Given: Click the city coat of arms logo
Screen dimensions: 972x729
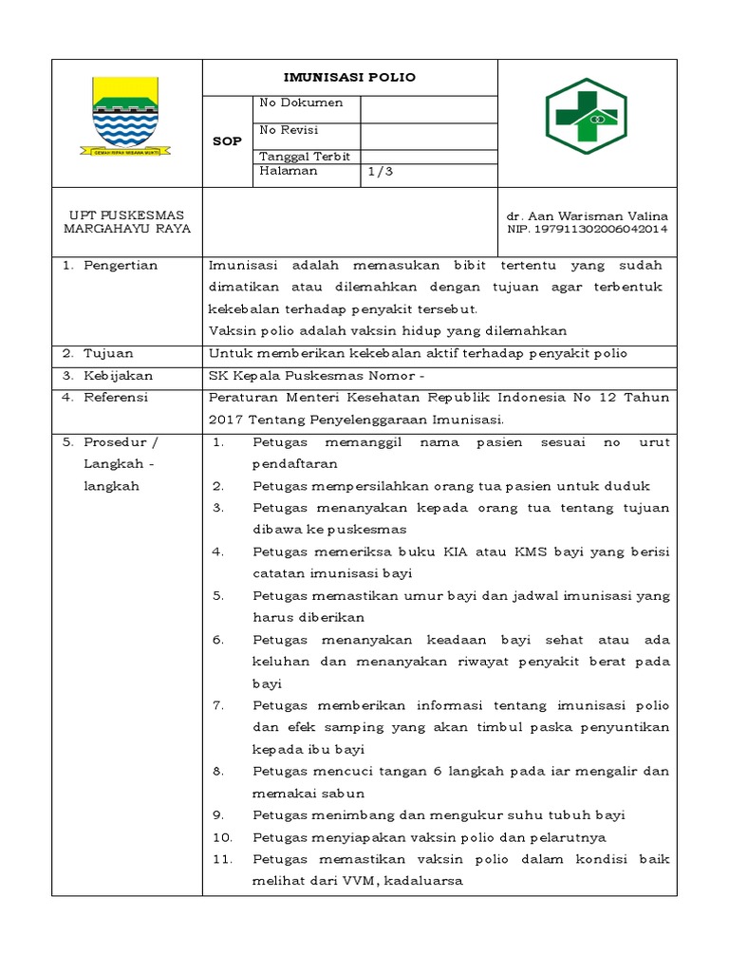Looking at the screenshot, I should (126, 118).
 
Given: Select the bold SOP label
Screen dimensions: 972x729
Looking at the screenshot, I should (227, 141).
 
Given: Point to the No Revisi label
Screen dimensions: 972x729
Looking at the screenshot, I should (289, 130).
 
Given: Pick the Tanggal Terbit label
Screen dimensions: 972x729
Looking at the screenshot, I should (304, 157).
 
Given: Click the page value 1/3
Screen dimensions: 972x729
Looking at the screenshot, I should (380, 172).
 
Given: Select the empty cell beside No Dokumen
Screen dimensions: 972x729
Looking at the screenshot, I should (428, 108).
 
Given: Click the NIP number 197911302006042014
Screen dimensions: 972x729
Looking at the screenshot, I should (588, 229).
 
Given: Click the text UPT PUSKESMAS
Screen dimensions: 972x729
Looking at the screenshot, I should (126, 215).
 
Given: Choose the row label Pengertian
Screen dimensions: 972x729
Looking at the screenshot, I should (121, 266).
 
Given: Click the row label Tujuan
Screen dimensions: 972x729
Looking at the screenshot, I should (108, 353).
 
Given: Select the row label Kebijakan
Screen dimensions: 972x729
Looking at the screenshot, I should (118, 376).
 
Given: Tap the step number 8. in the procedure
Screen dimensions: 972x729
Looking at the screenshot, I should (218, 772).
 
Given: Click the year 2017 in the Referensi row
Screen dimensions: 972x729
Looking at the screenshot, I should (226, 420).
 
